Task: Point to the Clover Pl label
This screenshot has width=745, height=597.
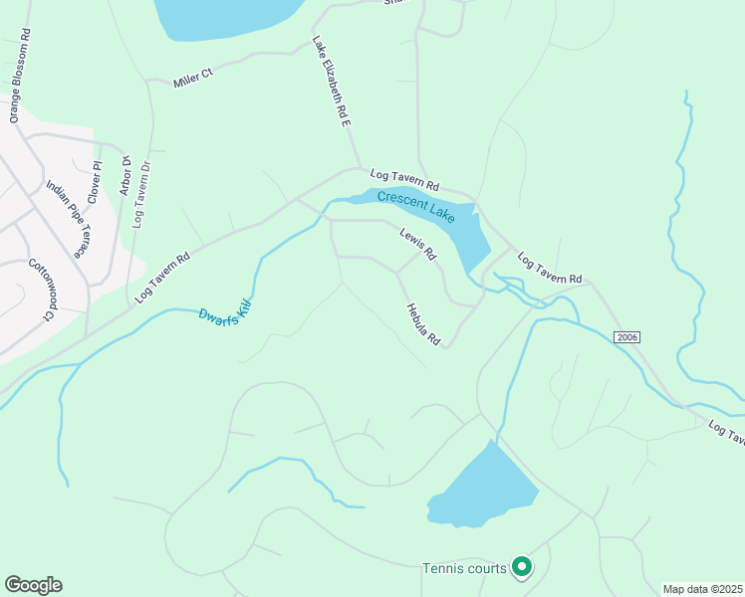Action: point(96,180)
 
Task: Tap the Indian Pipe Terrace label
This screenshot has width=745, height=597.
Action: point(67,218)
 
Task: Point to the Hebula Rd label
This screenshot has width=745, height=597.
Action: point(422,324)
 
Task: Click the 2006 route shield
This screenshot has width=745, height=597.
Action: point(625,337)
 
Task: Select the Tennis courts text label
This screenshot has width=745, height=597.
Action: point(465,568)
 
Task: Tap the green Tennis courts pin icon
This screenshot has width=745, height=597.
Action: point(522,567)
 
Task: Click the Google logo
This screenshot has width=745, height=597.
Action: point(33,585)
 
